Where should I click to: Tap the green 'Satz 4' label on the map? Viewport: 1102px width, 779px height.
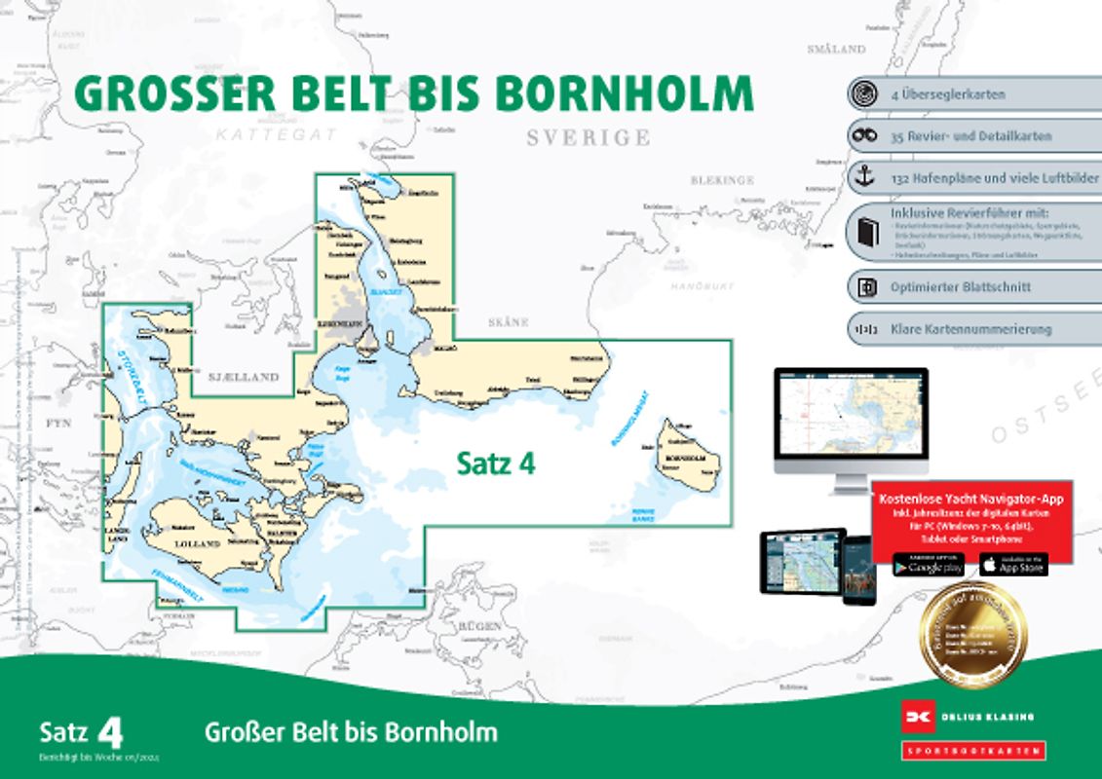pyautogui.click(x=496, y=464)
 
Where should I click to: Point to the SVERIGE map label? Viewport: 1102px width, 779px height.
pyautogui.click(x=588, y=137)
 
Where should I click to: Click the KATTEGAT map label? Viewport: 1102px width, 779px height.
pyautogui.click(x=277, y=133)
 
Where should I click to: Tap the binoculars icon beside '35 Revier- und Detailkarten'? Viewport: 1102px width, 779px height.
pyautogui.click(x=862, y=136)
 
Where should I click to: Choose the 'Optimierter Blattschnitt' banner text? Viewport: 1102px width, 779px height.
pyautogui.click(x=960, y=287)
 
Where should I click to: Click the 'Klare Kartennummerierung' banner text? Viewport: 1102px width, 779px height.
pyautogui.click(x=970, y=329)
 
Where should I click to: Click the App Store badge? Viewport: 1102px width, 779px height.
pyautogui.click(x=1012, y=565)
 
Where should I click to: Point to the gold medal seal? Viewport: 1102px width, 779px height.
pyautogui.click(x=971, y=635)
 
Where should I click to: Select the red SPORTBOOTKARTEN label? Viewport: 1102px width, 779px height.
pyautogui.click(x=970, y=750)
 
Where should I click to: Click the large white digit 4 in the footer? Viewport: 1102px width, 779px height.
pyautogui.click(x=111, y=731)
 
